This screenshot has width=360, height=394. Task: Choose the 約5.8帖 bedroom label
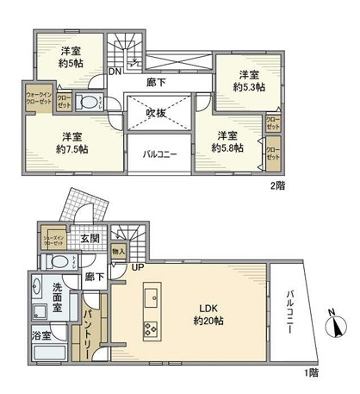[228, 141]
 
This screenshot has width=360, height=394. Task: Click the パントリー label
[89, 330]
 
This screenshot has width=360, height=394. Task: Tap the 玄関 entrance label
[91, 239]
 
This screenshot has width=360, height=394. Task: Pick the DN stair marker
[114, 73]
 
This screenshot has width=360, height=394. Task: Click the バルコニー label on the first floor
[292, 316]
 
